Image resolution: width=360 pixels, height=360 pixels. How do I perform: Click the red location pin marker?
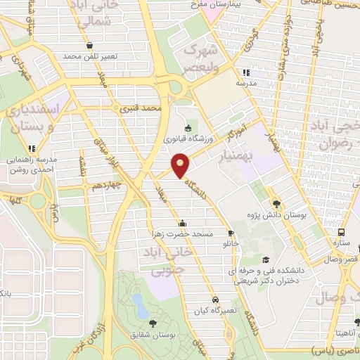181,166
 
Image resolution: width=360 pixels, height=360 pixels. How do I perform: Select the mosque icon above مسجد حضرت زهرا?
182,223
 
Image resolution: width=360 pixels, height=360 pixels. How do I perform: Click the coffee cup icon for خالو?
231,233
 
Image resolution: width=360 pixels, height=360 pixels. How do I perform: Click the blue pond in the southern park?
139,304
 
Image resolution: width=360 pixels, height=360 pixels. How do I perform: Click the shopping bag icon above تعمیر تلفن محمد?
89,46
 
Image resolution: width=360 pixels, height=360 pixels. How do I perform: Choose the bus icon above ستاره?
342,232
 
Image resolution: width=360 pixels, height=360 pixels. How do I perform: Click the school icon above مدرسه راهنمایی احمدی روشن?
31,148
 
